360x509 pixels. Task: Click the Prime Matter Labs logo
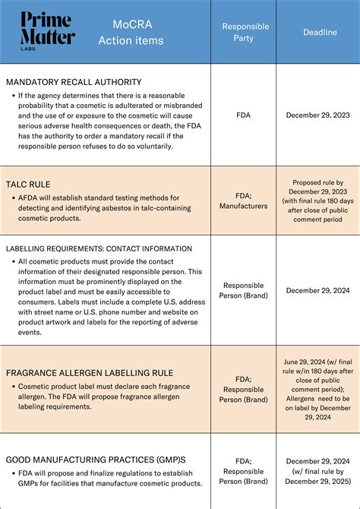(48, 30)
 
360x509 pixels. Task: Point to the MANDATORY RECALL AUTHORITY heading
(74, 82)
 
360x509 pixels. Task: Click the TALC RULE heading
(28, 184)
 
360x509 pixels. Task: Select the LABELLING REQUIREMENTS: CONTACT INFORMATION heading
(99, 248)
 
